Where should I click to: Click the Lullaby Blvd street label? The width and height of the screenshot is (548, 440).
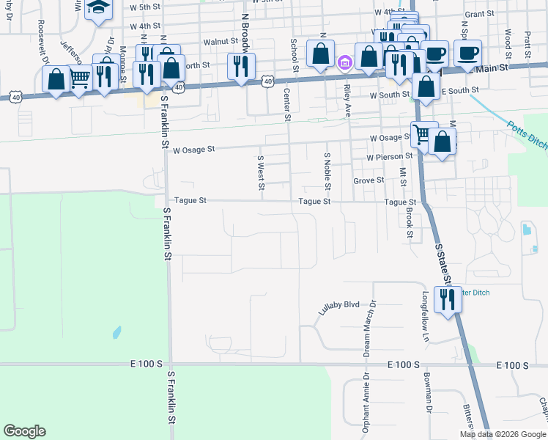pos(340,307)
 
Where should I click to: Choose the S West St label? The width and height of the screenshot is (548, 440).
pos(260,171)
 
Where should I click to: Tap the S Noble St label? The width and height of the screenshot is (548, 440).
pos(326,169)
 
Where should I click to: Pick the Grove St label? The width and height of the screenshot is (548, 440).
pos(369,180)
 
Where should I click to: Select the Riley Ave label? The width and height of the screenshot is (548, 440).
pos(347,100)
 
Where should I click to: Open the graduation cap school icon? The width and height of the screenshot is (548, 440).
pos(97,8)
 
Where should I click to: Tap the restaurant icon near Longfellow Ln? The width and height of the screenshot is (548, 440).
pos(447,298)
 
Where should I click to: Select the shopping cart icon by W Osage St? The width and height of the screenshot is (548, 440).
pos(421,134)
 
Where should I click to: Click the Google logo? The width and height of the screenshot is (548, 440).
pos(24,431)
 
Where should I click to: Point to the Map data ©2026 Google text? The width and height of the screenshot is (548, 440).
pos(503,434)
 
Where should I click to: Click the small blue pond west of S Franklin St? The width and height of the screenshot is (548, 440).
pos(117,333)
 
